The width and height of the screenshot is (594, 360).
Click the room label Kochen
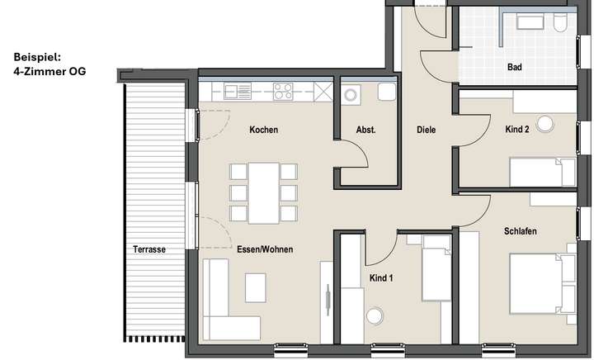point(264,130)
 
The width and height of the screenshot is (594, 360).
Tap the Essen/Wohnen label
point(264,249)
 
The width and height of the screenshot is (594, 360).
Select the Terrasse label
point(149,249)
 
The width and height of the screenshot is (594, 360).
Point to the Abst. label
point(367,130)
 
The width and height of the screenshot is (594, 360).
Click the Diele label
point(426,130)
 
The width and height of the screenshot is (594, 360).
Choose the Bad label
point(516,68)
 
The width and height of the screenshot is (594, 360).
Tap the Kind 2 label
point(517,130)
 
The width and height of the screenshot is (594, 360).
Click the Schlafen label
point(520,231)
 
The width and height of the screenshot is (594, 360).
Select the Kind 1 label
point(381,277)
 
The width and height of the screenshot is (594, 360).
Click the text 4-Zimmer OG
point(49,72)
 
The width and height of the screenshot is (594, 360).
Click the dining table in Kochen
point(264,192)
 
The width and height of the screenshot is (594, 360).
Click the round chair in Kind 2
point(544,125)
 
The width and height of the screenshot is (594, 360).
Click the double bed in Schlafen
point(540,283)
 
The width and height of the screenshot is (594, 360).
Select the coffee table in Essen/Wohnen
point(256,287)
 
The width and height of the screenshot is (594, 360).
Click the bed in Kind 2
point(541,173)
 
